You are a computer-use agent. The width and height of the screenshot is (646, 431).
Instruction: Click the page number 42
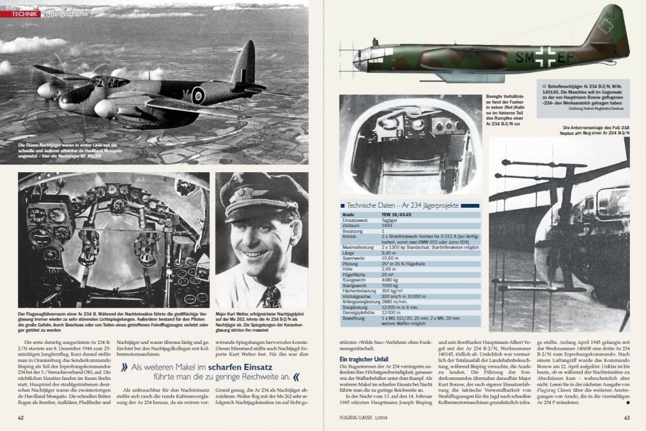(x=21, y=417)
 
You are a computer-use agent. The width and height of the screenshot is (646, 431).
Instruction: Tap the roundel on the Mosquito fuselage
(x=198, y=95)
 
